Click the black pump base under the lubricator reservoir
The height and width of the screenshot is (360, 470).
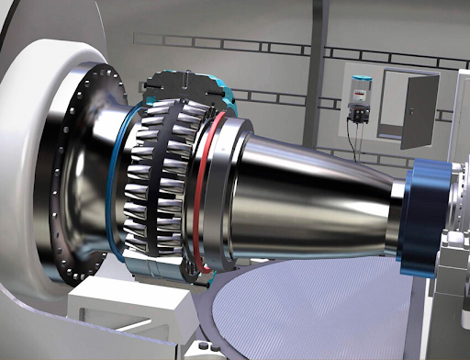(x=358, y=115)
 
